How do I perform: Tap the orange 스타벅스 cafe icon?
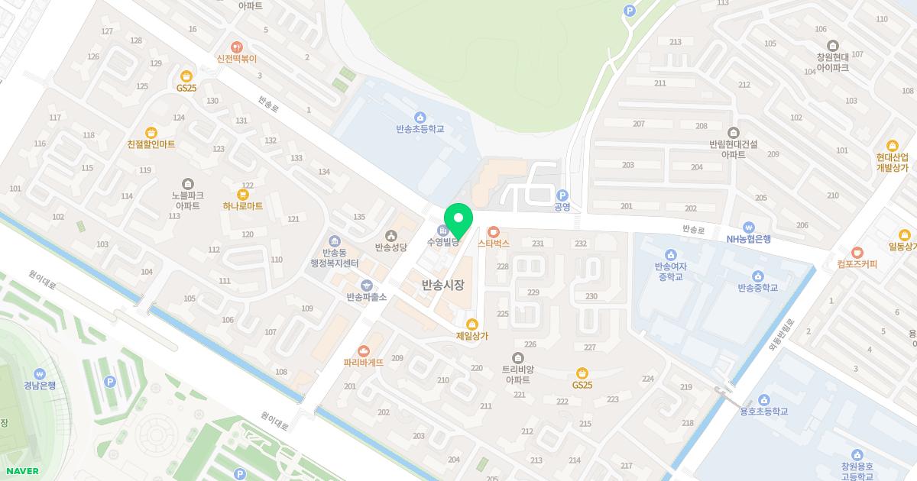[493, 231]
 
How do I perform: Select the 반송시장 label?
[443, 286]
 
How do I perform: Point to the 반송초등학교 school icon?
[420, 117]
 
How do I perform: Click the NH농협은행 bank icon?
[749, 227]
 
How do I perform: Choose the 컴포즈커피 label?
[857, 265]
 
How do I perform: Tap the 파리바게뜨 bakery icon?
[374, 350]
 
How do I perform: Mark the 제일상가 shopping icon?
[472, 324]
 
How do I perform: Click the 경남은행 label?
[40, 386]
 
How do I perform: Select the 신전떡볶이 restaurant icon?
[237, 47]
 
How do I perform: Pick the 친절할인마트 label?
[151, 144]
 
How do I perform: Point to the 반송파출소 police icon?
[366, 285]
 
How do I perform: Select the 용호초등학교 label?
[763, 412]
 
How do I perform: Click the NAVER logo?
[21, 471]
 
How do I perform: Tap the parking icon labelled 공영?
[562, 195]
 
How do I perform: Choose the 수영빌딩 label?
[442, 243]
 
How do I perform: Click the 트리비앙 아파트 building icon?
[518, 358]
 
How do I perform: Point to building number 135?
[359, 217]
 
